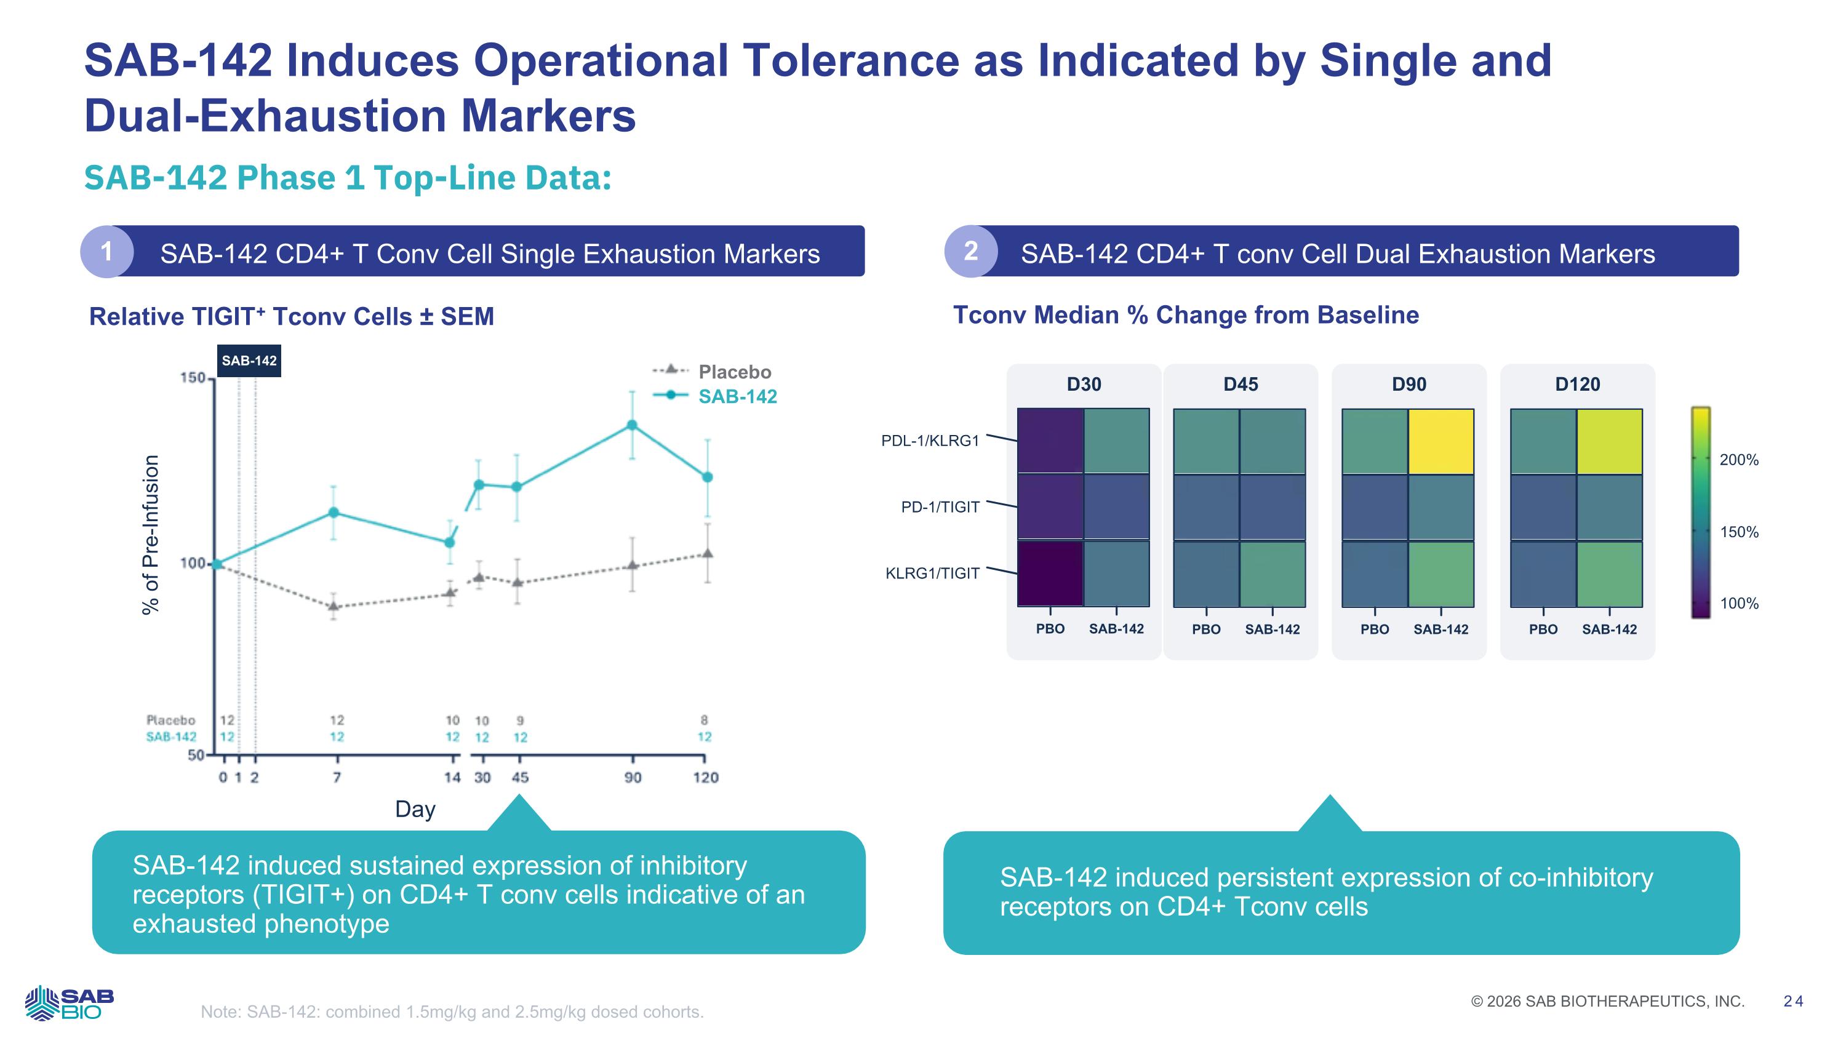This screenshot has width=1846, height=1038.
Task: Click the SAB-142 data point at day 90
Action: click(632, 425)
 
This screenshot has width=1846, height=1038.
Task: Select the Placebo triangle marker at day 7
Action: click(334, 607)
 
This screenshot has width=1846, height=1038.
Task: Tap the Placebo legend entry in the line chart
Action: click(735, 372)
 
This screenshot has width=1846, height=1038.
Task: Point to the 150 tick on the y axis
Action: click(193, 378)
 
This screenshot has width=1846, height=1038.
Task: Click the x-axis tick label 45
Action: click(520, 777)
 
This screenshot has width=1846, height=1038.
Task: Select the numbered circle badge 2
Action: click(971, 252)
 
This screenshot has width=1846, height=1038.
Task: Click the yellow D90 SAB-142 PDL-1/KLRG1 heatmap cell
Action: click(1441, 441)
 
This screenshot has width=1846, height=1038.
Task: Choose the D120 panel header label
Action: click(1577, 385)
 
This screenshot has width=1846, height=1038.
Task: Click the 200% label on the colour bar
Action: click(1739, 460)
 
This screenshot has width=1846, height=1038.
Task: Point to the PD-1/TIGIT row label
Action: click(940, 507)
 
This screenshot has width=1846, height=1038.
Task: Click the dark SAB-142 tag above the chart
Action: click(249, 361)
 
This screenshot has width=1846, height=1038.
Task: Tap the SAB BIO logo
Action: click(70, 1003)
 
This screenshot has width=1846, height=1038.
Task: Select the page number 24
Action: click(1794, 1002)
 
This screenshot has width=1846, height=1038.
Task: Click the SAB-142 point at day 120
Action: click(707, 477)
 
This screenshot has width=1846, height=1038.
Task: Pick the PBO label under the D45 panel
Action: click(1206, 629)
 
